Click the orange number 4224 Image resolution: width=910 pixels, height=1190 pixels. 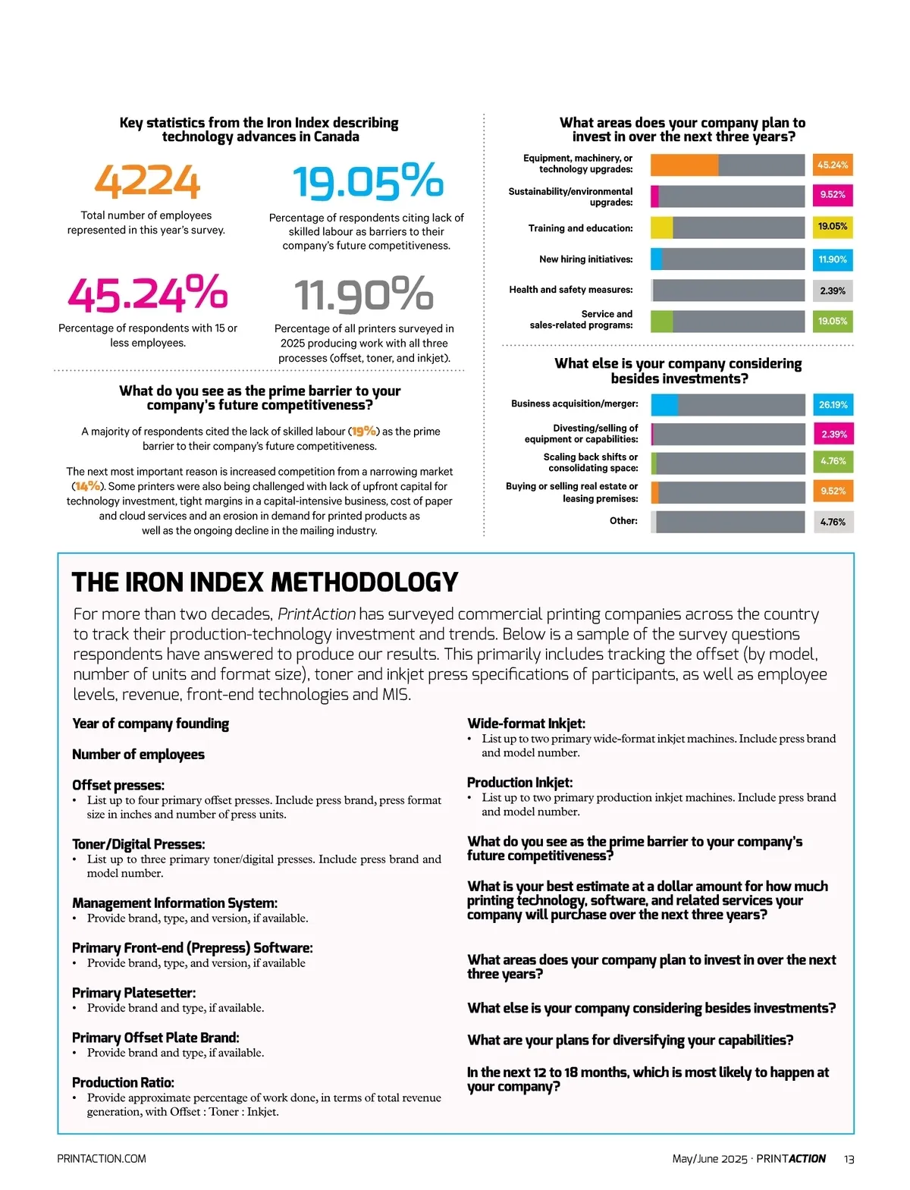pyautogui.click(x=147, y=182)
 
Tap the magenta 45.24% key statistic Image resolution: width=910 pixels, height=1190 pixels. pyautogui.click(x=147, y=294)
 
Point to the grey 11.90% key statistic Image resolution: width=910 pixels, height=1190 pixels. pyautogui.click(x=363, y=294)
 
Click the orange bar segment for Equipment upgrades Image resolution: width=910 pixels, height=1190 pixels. pyautogui.click(x=684, y=165)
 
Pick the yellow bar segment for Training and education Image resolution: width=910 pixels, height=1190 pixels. pyautogui.click(x=661, y=228)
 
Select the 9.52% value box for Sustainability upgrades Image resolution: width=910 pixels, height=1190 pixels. pyautogui.click(x=832, y=195)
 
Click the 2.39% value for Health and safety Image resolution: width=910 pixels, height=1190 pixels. pyautogui.click(x=832, y=290)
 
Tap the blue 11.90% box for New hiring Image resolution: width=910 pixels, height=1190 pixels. pyautogui.click(x=832, y=259)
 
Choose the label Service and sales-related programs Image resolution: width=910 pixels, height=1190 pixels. pyautogui.click(x=581, y=319)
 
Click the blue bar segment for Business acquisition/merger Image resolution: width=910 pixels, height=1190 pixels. pyautogui.click(x=664, y=405)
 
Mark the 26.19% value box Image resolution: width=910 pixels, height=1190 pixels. pyautogui.click(x=832, y=405)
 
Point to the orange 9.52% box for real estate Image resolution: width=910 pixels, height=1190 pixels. pyautogui.click(x=832, y=491)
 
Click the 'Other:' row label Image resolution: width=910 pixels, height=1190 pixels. pyautogui.click(x=623, y=521)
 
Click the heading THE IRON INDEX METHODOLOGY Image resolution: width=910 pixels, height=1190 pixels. pyautogui.click(x=265, y=582)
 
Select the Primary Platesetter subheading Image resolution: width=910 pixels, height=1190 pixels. pyautogui.click(x=133, y=993)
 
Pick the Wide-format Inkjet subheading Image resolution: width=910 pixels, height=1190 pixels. pyautogui.click(x=526, y=724)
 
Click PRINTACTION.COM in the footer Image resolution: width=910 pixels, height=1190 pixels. pyautogui.click(x=102, y=1159)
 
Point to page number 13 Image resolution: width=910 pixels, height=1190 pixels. pyautogui.click(x=849, y=1159)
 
